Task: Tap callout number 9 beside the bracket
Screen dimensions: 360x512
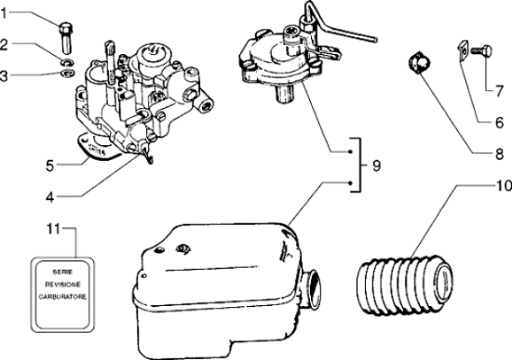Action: pyautogui.click(x=376, y=167)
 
